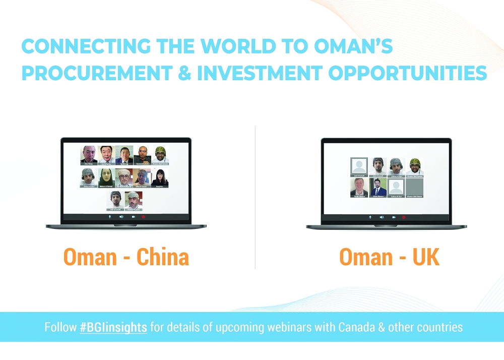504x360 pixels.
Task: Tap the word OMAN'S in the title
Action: pos(348,46)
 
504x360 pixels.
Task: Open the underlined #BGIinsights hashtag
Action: pos(113,327)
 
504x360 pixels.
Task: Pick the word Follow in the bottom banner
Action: pos(60,327)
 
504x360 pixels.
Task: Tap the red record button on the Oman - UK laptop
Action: pos(403,217)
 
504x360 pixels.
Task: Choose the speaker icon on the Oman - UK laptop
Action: pos(381,217)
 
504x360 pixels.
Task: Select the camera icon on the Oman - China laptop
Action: pos(133,216)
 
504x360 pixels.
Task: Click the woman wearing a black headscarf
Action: pos(107,177)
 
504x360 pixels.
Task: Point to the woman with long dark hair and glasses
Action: pos(160,177)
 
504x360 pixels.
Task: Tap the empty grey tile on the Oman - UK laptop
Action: pos(414,187)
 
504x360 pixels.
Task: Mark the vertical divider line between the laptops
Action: pos(255,197)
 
